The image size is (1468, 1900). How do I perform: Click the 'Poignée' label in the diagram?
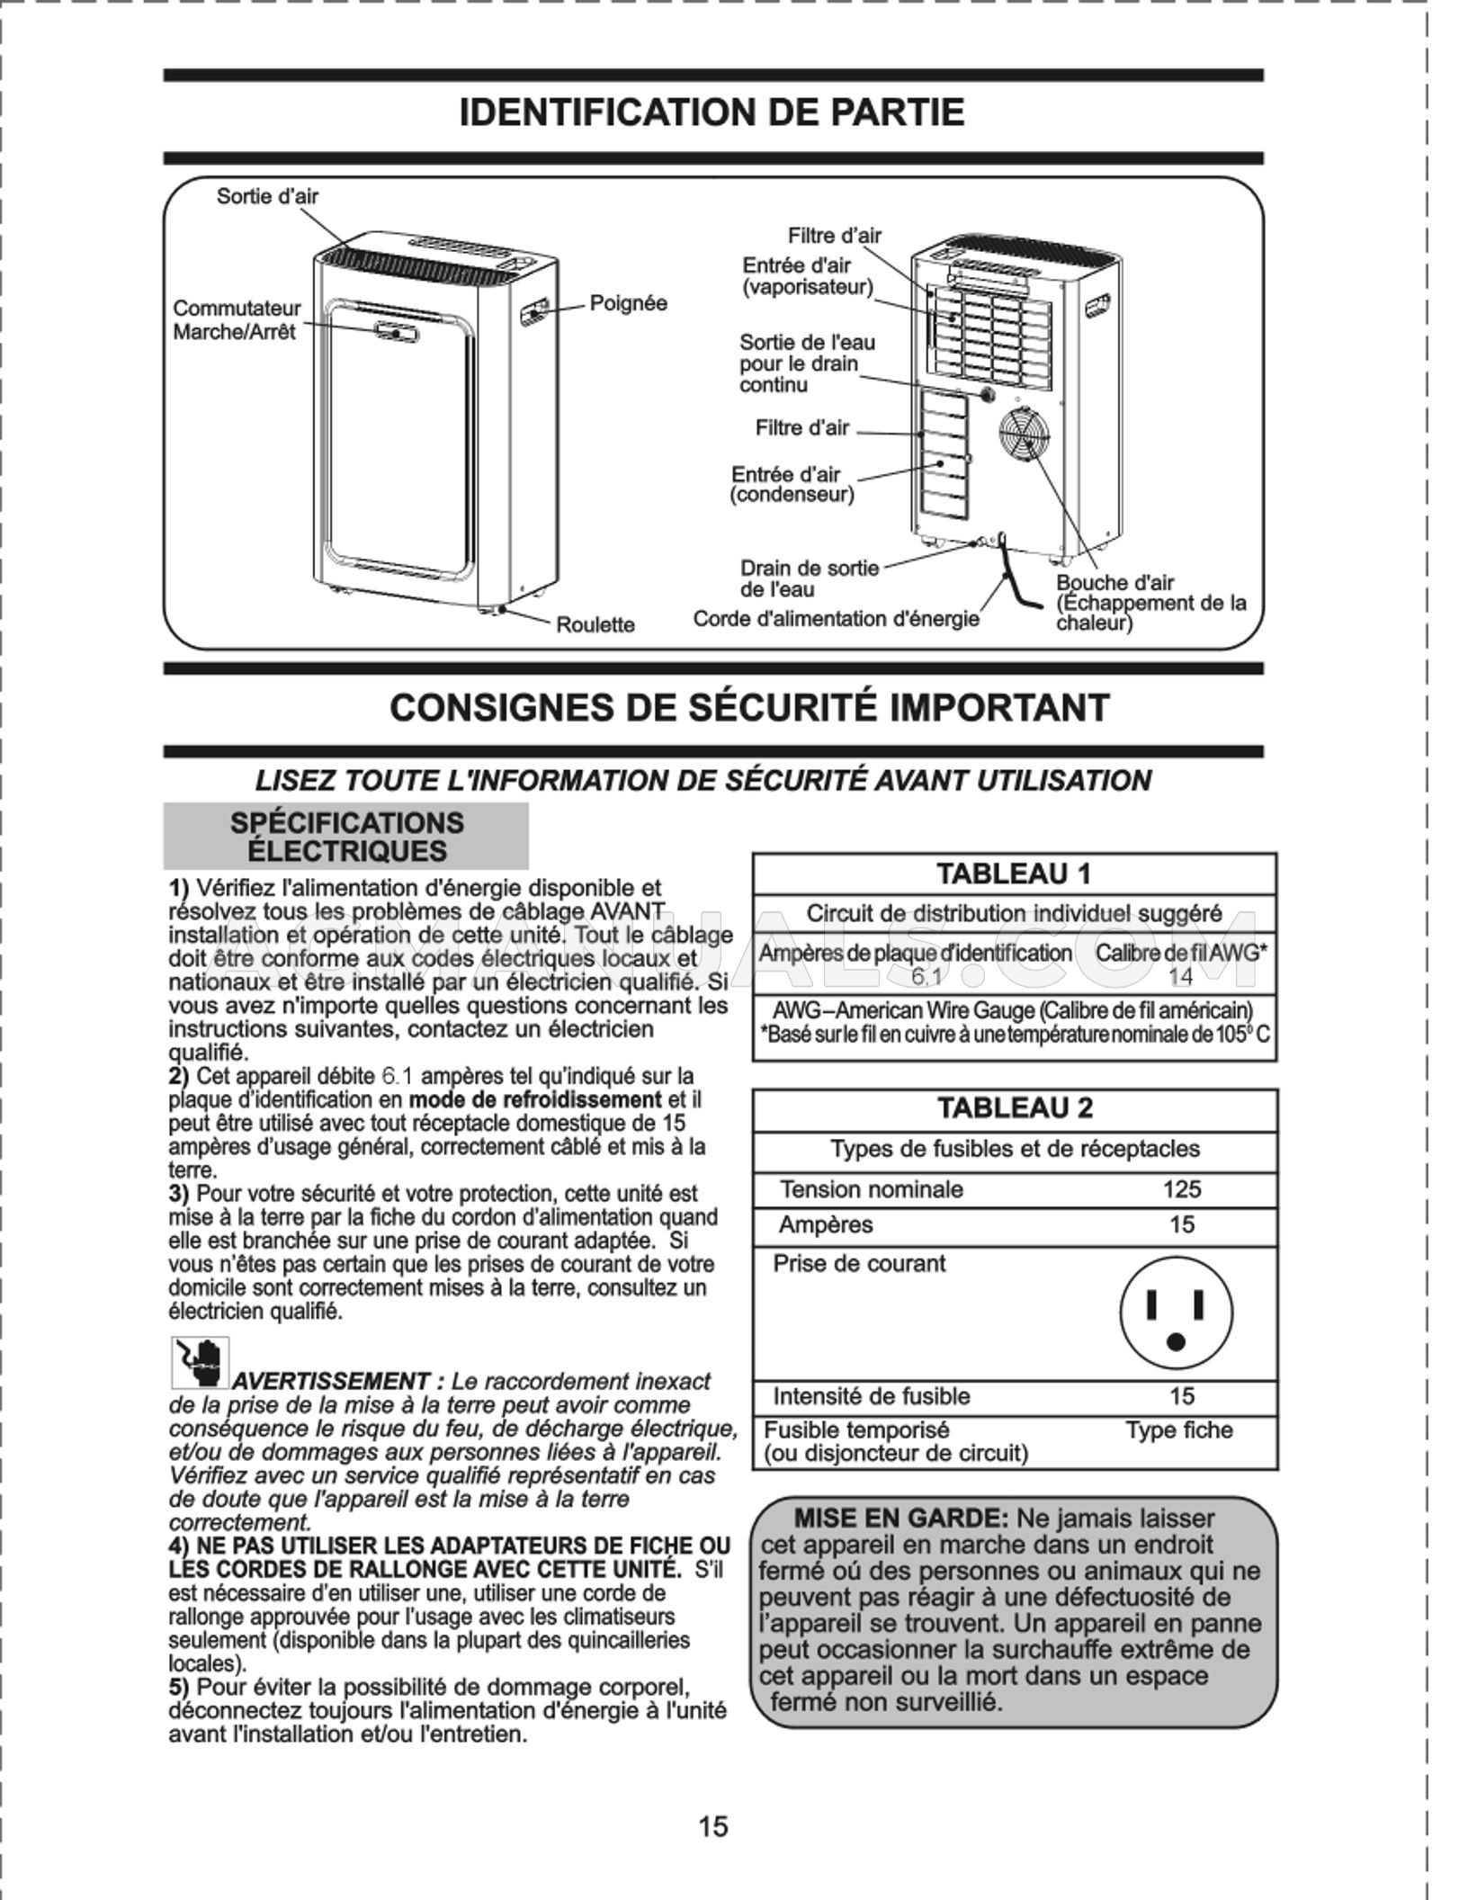pyautogui.click(x=628, y=303)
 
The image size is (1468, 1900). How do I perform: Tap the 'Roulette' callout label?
pyautogui.click(x=595, y=624)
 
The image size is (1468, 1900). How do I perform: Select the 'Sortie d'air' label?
pyautogui.click(x=267, y=196)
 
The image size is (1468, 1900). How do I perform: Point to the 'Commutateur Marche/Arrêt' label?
pyautogui.click(x=236, y=320)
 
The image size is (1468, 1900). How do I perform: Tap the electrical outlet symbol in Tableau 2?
pyautogui.click(x=1176, y=1314)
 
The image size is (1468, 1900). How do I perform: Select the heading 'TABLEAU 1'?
pyautogui.click(x=1014, y=874)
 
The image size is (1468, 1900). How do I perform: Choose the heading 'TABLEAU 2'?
pyautogui.click(x=1015, y=1107)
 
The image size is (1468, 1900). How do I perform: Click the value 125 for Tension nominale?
pyautogui.click(x=1181, y=1189)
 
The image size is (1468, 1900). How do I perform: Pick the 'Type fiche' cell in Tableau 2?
pyautogui.click(x=1178, y=1429)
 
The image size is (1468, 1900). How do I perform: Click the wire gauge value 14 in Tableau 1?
pyautogui.click(x=1180, y=976)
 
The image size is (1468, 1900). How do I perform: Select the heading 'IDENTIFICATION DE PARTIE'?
pyautogui.click(x=712, y=113)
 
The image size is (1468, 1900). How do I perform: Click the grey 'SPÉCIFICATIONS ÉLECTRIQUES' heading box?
pyautogui.click(x=346, y=836)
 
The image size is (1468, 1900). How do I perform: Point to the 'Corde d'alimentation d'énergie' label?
pyautogui.click(x=836, y=619)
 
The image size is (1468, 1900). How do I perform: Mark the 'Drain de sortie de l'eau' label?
pyautogui.click(x=808, y=578)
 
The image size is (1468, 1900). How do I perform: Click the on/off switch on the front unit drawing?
pyautogui.click(x=396, y=332)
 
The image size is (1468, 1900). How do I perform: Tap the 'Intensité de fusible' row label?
pyautogui.click(x=871, y=1396)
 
